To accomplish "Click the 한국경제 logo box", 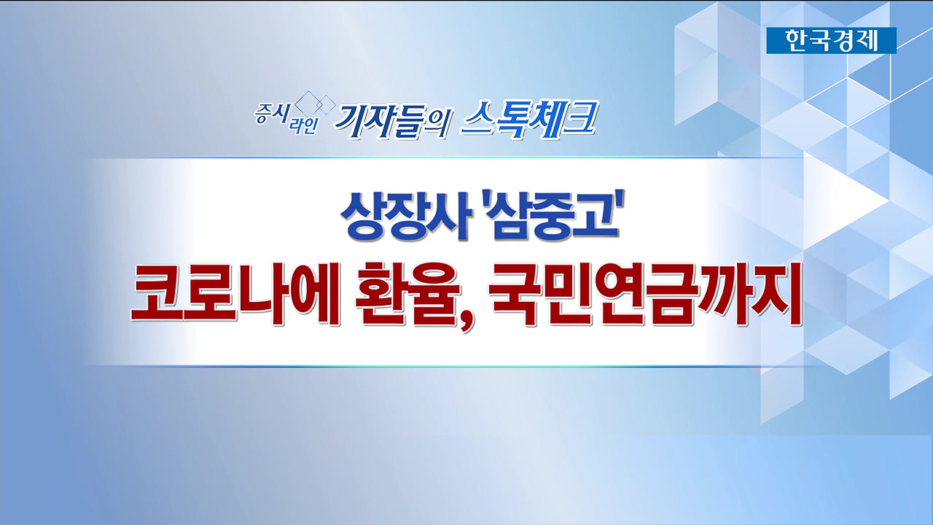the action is tap(832, 40).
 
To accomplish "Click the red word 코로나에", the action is tap(235, 294).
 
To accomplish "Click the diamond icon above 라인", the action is tap(315, 104).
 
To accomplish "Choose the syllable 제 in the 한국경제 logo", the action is tap(867, 40).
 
